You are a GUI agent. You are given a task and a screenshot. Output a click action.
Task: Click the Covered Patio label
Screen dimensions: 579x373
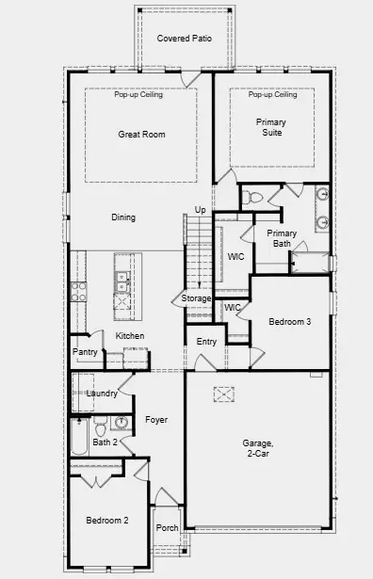point(184,39)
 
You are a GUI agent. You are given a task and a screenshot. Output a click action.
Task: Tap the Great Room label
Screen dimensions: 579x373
point(141,135)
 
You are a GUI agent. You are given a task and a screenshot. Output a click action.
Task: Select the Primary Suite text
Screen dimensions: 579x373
point(271,127)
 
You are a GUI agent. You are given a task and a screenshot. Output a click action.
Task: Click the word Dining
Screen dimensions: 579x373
point(123,217)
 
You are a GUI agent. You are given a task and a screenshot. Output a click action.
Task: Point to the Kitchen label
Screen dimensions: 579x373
point(129,336)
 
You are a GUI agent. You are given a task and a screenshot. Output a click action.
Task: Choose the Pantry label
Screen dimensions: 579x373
point(85,353)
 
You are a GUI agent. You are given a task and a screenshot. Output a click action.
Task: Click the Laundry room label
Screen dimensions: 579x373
point(101,394)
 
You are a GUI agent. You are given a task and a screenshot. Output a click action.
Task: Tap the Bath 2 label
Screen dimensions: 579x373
point(105,442)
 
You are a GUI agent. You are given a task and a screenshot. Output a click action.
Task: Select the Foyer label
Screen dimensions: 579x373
point(156,420)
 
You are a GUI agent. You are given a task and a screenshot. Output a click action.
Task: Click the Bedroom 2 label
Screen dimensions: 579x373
point(106,521)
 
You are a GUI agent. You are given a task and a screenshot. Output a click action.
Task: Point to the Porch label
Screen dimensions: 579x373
point(167,528)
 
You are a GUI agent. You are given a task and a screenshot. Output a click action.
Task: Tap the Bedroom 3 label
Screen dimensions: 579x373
point(289,322)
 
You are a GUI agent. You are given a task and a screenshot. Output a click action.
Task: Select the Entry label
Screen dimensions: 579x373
point(206,341)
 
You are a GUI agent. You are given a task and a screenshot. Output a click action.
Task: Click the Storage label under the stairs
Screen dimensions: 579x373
point(197,298)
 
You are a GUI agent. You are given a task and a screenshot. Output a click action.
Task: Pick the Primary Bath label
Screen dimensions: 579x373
point(281,238)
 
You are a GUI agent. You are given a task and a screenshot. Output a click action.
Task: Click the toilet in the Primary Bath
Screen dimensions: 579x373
point(252,198)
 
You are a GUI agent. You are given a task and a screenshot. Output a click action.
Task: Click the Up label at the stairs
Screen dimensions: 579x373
point(200,209)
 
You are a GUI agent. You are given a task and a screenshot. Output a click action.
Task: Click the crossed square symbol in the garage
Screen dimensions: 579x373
point(222,394)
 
